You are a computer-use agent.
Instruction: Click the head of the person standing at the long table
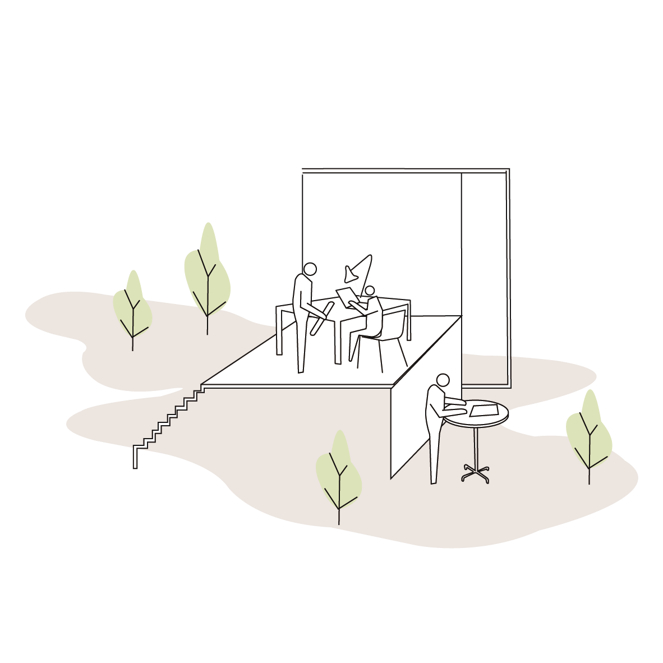pyautogui.click(x=310, y=270)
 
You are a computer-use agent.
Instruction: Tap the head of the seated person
pyautogui.click(x=370, y=291)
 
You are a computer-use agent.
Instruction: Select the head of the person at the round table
pyautogui.click(x=443, y=380)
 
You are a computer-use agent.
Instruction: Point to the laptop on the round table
pyautogui.click(x=482, y=411)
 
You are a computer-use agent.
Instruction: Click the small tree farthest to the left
pyautogui.click(x=132, y=309)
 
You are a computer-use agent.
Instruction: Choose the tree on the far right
pyautogui.click(x=588, y=432)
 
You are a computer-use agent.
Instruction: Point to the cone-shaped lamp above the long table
pyautogui.click(x=359, y=270)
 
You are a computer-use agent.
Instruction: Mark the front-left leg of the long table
pyautogui.click(x=279, y=331)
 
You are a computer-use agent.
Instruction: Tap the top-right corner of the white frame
pyautogui.click(x=507, y=170)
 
